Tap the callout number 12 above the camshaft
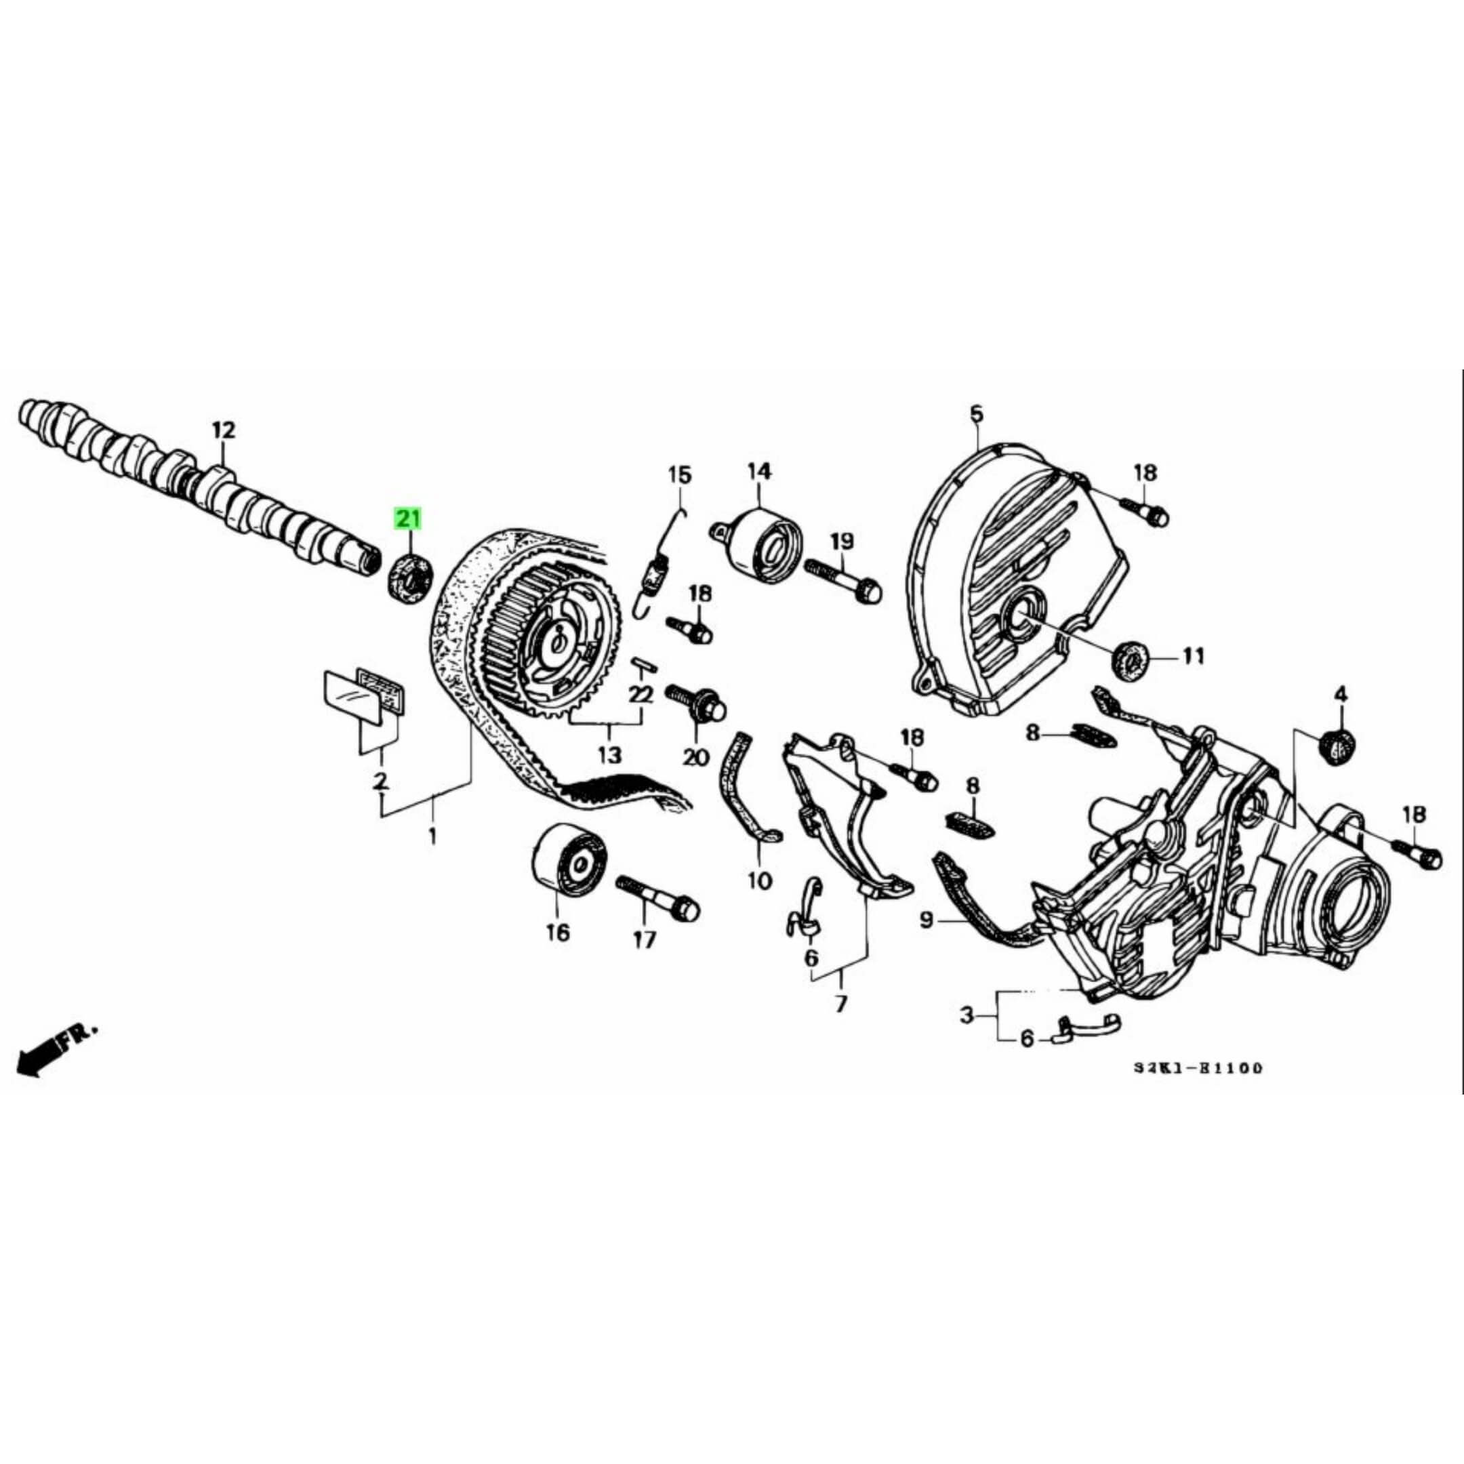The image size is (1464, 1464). click(224, 430)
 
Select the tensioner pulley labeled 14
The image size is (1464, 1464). click(763, 545)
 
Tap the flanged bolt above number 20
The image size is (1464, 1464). click(695, 705)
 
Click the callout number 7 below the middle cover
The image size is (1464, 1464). click(840, 1004)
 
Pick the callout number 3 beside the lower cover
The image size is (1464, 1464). click(966, 1015)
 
